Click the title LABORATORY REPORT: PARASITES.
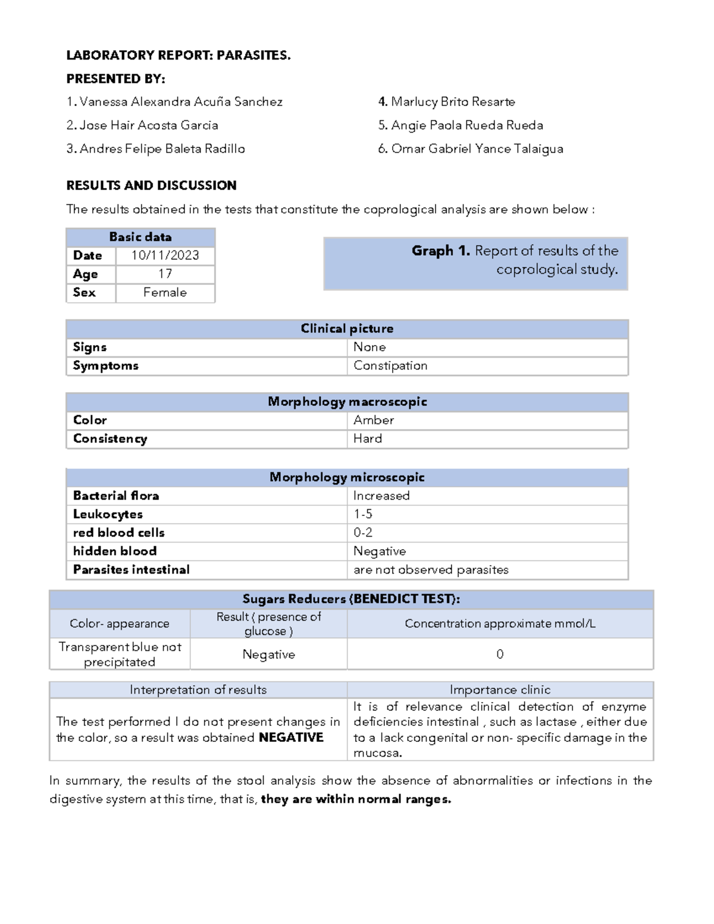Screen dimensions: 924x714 (x=178, y=55)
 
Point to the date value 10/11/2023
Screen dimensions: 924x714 (x=165, y=255)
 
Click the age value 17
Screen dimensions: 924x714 (x=165, y=274)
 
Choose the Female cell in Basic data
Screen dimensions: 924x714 (x=165, y=292)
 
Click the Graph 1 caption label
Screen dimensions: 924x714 (x=515, y=259)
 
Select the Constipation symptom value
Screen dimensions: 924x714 (x=390, y=365)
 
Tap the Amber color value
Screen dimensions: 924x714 (x=374, y=420)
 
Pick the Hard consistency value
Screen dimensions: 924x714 (x=368, y=438)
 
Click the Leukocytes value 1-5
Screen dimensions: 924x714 (x=363, y=514)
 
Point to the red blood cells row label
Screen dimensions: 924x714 (x=118, y=533)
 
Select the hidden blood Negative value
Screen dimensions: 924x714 (x=380, y=551)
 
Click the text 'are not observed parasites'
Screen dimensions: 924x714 (x=431, y=569)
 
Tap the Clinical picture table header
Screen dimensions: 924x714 (x=347, y=328)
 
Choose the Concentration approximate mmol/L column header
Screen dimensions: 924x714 (x=500, y=624)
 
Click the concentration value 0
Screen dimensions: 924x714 (x=500, y=654)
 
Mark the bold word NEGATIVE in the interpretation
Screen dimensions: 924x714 (x=291, y=737)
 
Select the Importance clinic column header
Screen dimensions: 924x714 (x=500, y=690)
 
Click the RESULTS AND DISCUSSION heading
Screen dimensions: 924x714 (x=151, y=185)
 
